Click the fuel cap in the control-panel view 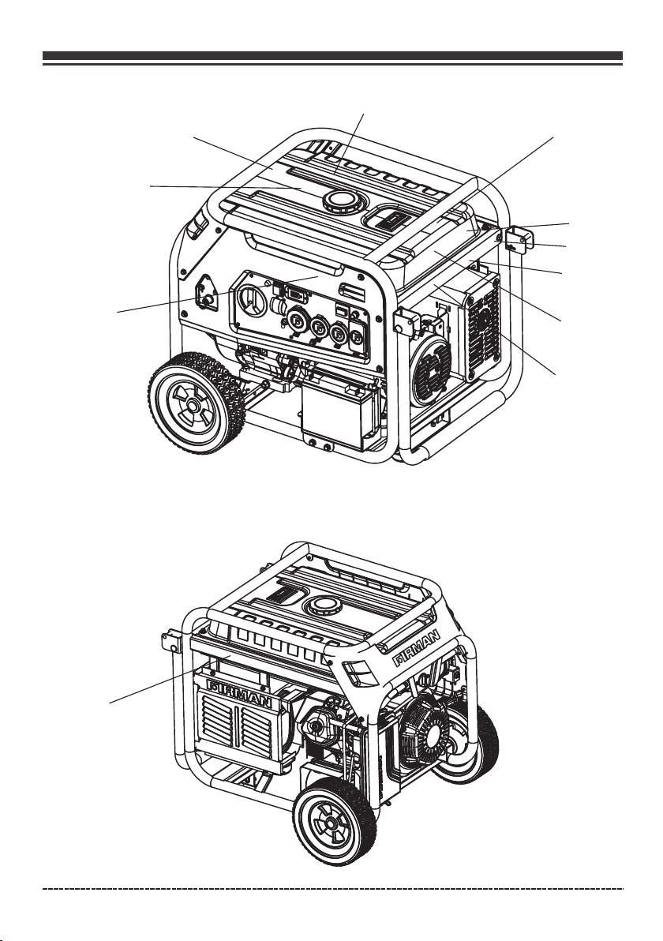(343, 201)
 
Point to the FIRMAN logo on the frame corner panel (418, 647)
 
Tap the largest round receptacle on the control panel (252, 299)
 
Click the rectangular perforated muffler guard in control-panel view (482, 327)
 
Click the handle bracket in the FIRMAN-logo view (171, 642)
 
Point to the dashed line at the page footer (332, 887)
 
